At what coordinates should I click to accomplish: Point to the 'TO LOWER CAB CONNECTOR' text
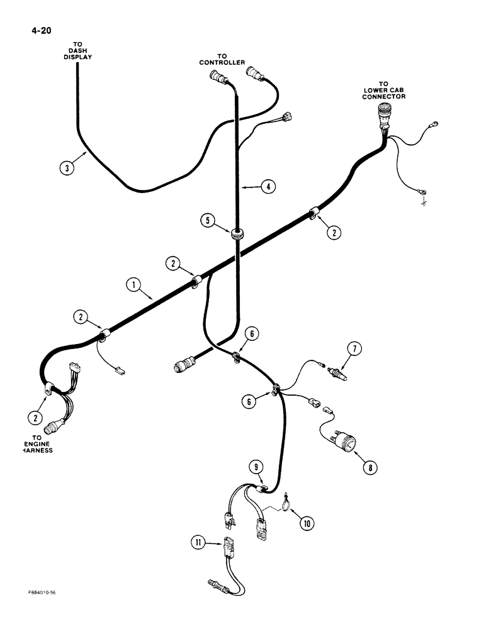tap(384, 90)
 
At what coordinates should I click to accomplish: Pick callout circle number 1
tap(132, 285)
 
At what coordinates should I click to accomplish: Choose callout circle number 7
tap(354, 348)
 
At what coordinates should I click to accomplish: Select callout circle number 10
tap(308, 521)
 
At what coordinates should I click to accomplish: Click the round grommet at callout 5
tap(237, 234)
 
